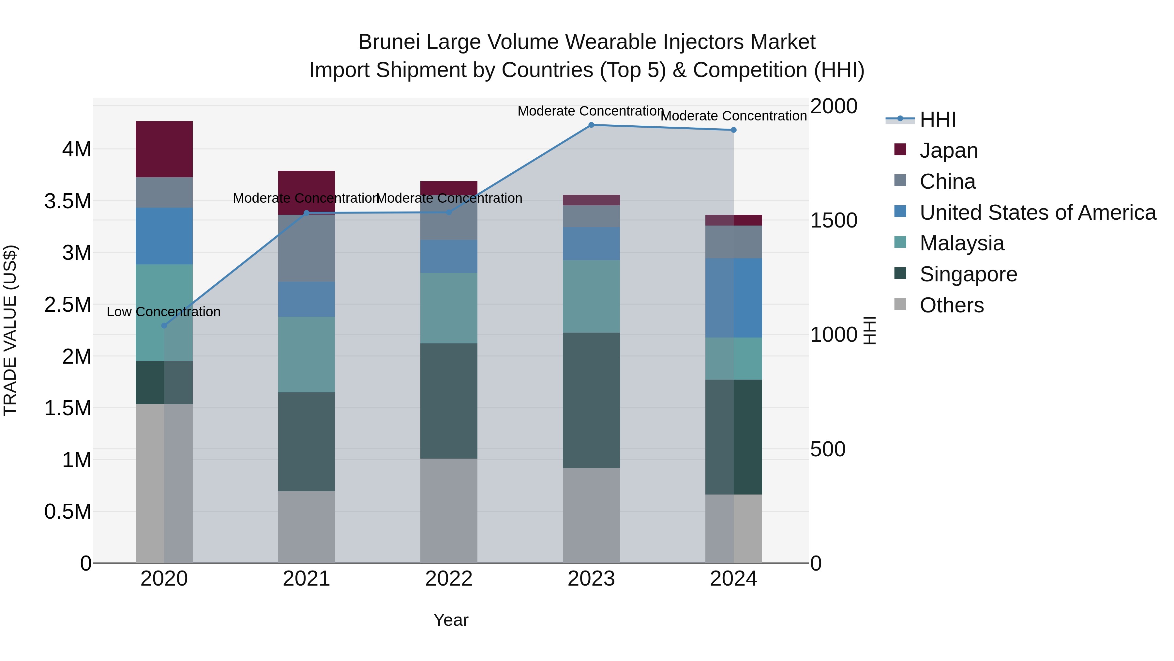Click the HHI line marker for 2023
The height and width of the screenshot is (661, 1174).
click(x=591, y=125)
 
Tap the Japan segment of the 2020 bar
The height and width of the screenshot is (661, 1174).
click(x=164, y=149)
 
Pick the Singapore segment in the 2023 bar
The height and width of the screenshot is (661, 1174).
click(x=591, y=400)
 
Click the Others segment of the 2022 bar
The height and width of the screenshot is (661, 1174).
click(x=448, y=511)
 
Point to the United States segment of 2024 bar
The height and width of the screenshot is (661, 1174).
click(x=733, y=298)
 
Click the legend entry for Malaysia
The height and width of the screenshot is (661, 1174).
click(x=962, y=243)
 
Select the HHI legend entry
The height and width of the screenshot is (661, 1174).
click(x=938, y=119)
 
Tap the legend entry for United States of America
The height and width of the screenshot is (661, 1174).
click(x=1037, y=212)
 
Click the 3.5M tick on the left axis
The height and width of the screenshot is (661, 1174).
click(x=68, y=201)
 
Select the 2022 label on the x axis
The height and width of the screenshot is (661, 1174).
click(x=448, y=579)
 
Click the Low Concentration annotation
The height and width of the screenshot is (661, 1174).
click(x=164, y=312)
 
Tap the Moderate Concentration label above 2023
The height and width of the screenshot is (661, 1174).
click(x=591, y=111)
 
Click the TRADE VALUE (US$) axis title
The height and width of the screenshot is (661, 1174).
click(x=10, y=330)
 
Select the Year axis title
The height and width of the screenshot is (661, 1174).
click(x=451, y=620)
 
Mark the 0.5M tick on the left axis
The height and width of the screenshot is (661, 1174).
click(x=68, y=512)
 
